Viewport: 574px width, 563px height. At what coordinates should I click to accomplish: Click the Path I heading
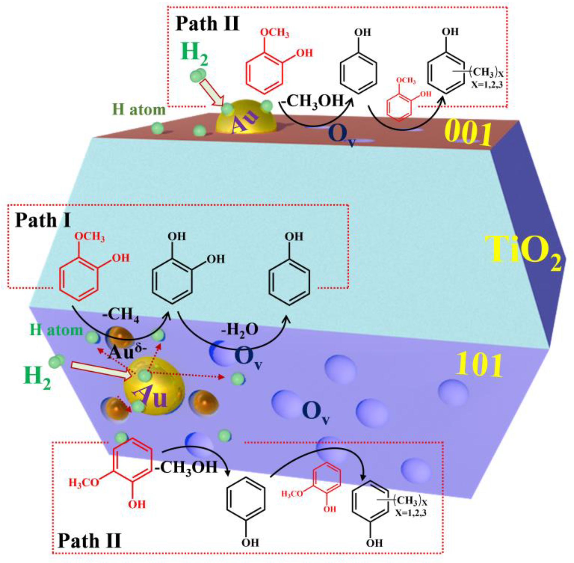43,220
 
